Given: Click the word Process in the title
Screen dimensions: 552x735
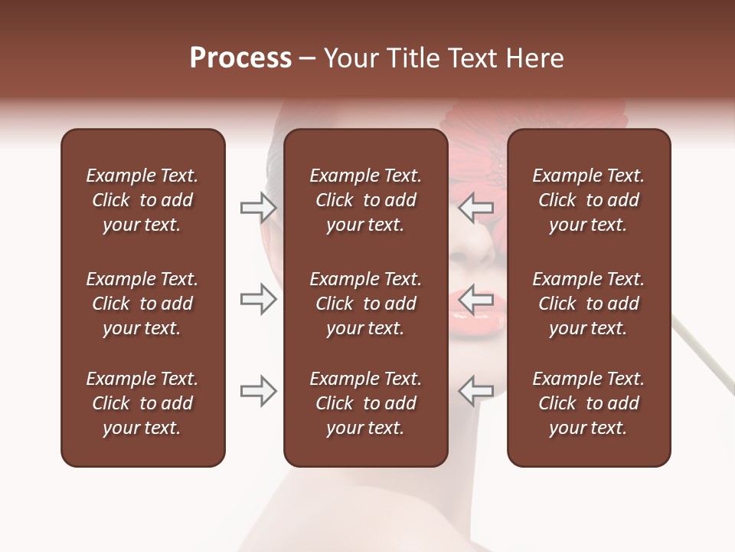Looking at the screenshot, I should tap(240, 58).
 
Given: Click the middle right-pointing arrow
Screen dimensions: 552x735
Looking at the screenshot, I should tap(258, 300).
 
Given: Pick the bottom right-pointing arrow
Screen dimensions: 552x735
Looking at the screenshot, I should tap(258, 391).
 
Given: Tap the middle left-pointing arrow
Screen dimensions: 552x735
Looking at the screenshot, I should tap(476, 300).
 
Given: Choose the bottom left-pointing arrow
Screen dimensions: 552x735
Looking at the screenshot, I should tap(476, 391).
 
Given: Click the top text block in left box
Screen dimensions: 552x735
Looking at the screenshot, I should tap(142, 200).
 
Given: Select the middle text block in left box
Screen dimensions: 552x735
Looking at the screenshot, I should tap(142, 304).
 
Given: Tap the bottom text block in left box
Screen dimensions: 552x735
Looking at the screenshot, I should tap(142, 403).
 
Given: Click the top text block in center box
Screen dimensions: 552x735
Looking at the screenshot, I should tap(365, 200).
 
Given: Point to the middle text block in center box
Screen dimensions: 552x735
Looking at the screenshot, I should tap(365, 304).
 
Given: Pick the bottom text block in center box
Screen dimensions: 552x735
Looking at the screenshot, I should tap(365, 403).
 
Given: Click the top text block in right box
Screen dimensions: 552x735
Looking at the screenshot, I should tap(588, 200).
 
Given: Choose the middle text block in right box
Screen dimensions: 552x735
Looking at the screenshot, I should tap(588, 304).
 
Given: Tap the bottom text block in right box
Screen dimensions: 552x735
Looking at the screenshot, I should tap(588, 403).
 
